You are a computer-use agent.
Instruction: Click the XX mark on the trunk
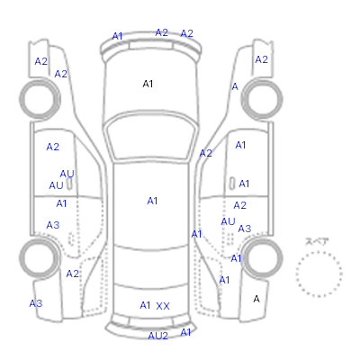pos(163,306)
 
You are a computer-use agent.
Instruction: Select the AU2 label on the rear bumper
pos(158,336)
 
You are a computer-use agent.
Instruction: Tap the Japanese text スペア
pos(317,241)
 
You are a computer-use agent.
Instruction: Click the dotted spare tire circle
pos(319,252)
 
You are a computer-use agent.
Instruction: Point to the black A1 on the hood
pos(148,84)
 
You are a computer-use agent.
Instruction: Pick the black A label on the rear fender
pos(256,299)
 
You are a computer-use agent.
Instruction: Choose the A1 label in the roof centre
pos(152,201)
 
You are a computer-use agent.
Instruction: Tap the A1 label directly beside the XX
pos(145,305)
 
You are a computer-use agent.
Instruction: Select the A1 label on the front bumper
pos(117,36)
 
